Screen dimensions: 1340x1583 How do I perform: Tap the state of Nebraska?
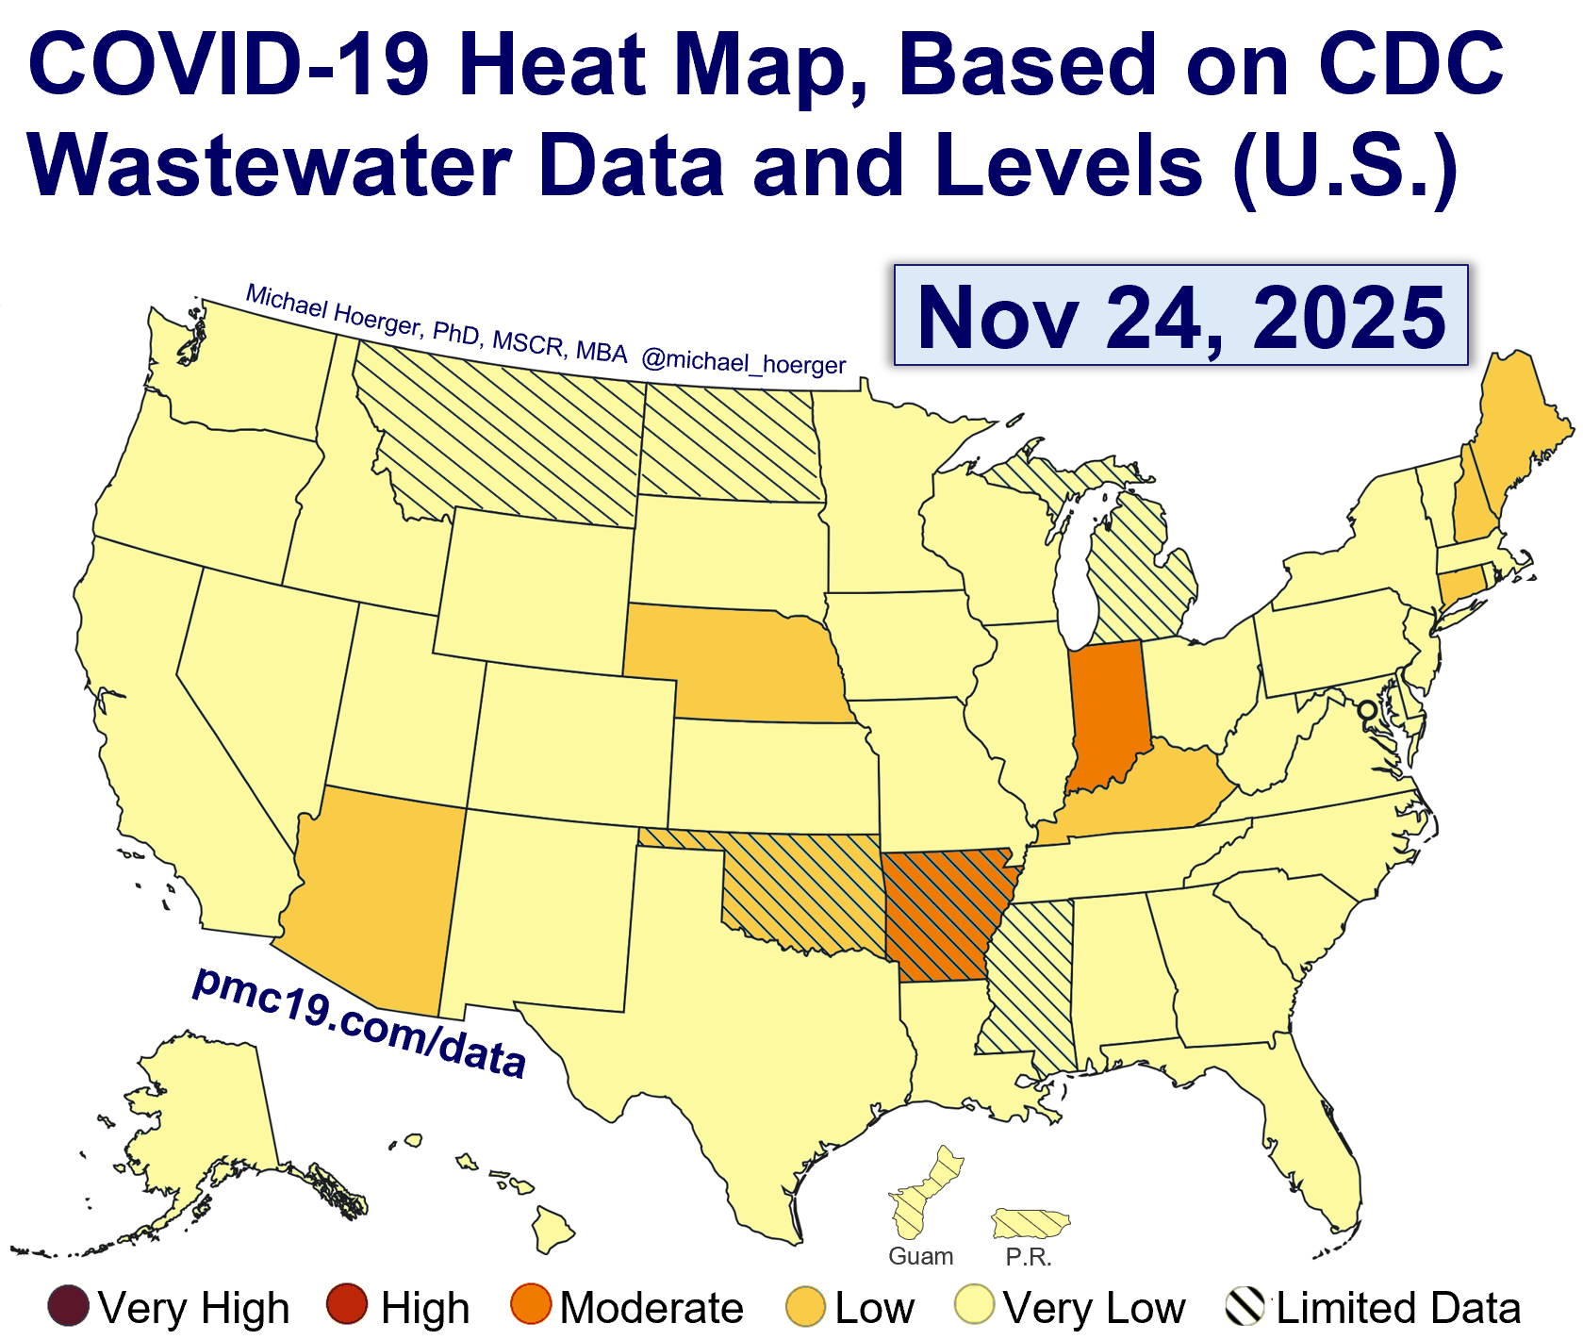745,665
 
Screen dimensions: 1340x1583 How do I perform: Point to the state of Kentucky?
1141,792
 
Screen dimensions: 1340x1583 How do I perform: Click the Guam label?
921,1256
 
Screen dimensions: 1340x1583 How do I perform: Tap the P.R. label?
1029,1257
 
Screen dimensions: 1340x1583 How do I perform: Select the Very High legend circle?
69,1307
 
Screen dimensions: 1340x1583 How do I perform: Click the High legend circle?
347,1307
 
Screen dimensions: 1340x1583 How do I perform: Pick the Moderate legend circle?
531,1307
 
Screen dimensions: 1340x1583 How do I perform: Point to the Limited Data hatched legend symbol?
1245,1307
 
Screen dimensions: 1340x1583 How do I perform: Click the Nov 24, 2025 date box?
1180,316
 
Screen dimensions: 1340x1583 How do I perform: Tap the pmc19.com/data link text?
358,1022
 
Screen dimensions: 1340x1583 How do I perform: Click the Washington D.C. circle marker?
1366,709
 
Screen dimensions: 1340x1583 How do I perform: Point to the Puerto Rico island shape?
1030,1224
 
